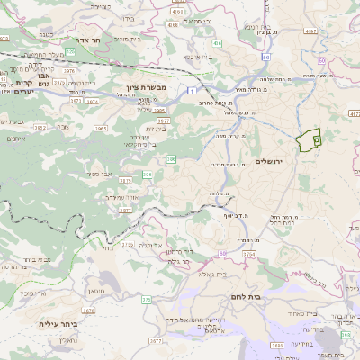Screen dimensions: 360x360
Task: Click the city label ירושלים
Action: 269,160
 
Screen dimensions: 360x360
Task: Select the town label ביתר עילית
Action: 58,323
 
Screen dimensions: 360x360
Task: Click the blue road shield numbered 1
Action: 192,91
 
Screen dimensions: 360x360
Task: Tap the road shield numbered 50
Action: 266,57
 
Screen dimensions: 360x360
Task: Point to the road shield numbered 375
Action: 147,298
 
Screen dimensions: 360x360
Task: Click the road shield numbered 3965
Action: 101,129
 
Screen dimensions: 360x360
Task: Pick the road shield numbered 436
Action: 218,42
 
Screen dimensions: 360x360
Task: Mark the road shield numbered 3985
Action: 276,345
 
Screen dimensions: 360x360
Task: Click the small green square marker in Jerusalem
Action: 316,139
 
